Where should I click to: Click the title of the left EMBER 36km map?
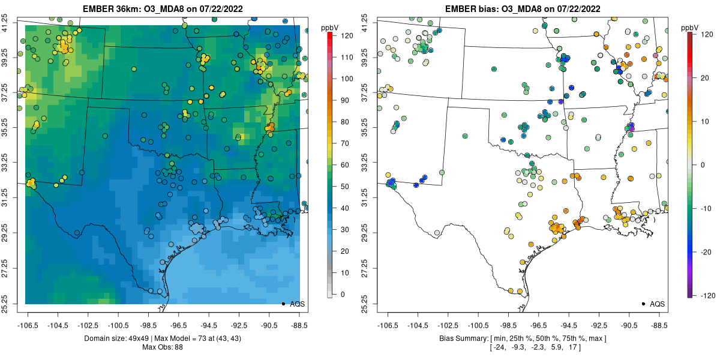click(163, 8)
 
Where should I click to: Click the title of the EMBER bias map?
click(523, 8)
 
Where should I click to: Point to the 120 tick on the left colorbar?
click(347, 35)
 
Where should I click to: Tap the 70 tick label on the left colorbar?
click(344, 143)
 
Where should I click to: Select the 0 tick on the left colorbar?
click(343, 294)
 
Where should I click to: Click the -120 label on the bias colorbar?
click(708, 295)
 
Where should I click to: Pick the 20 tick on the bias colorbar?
click(704, 78)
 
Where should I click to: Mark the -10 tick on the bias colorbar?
click(706, 209)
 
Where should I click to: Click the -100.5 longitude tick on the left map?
click(119, 326)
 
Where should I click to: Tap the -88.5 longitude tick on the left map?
click(299, 326)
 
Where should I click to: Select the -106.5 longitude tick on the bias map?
click(388, 326)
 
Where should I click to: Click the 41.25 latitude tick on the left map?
click(5, 23)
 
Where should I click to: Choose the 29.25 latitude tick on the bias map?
click(365, 233)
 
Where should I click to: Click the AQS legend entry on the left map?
click(294, 304)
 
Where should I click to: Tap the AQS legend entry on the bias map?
click(654, 304)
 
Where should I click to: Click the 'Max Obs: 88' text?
click(163, 347)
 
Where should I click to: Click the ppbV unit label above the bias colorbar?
click(690, 28)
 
